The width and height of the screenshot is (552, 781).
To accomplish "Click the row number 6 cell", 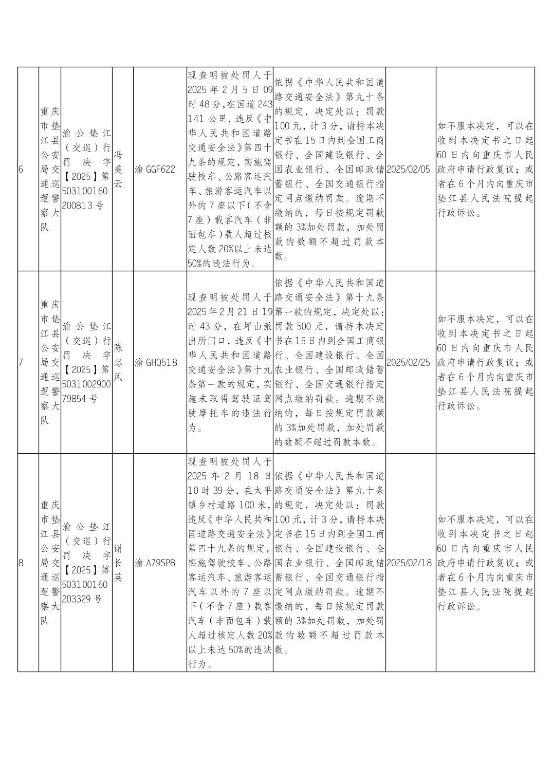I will point(21,169).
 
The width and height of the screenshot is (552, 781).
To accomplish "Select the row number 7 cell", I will point(21,362).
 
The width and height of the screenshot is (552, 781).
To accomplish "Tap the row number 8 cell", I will point(21,563).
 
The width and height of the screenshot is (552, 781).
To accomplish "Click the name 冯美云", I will point(118,169).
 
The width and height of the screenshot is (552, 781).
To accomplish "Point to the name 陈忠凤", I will point(118,362).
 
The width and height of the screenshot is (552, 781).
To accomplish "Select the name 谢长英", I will point(118,563).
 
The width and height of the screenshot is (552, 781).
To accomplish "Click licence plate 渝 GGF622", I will point(155,169).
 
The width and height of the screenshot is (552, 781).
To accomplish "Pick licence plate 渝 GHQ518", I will point(156,362).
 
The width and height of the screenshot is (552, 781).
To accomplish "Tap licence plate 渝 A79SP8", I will point(155,563).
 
